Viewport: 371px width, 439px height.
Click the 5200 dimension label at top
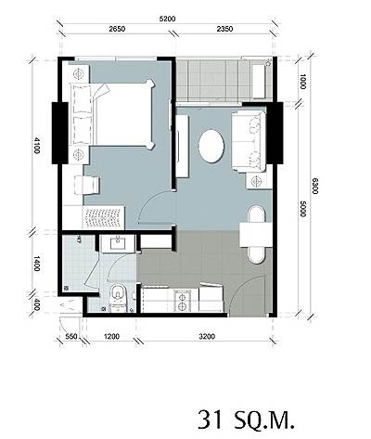coord(167,19)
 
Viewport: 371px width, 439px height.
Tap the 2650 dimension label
coord(117,29)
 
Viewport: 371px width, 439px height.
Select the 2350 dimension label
coord(224,29)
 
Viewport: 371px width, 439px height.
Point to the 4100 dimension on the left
coord(36,146)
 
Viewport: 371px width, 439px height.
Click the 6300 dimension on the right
coord(314,186)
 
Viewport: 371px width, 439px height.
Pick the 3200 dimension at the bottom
coord(207,336)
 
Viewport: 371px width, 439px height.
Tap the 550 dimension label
coord(71,336)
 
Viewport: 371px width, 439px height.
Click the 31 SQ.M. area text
coord(246,420)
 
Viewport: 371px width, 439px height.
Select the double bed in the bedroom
coord(112,114)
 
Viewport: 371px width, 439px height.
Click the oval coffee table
coord(211,146)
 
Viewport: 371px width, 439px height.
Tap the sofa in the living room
coord(249,141)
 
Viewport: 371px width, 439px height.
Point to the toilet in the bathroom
coord(118,297)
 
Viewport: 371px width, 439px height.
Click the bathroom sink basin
coord(118,242)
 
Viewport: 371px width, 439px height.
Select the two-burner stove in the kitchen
coord(182,301)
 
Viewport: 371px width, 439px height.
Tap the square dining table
coord(256,235)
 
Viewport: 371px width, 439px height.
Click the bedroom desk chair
coord(86,185)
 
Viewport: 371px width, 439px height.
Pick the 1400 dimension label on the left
coord(36,264)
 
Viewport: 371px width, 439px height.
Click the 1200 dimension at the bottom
coord(111,336)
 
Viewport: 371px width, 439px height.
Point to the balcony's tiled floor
coord(213,80)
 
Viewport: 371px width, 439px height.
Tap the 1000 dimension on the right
coord(302,82)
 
